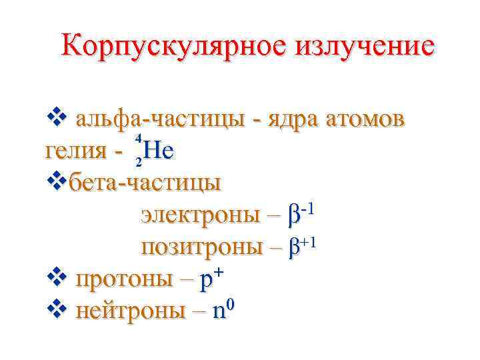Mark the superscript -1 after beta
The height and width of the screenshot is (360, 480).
click(307, 209)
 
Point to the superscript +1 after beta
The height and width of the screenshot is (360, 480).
click(308, 241)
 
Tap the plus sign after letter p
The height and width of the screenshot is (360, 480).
click(220, 273)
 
